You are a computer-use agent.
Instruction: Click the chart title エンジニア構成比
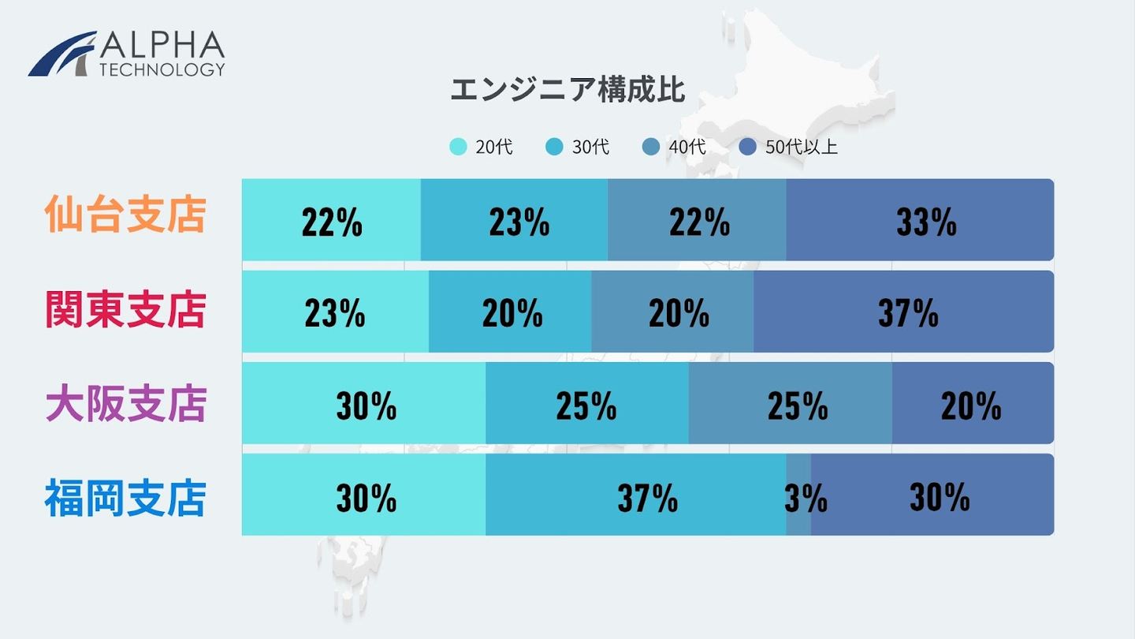[x=567, y=90]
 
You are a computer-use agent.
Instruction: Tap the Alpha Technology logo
[x=127, y=54]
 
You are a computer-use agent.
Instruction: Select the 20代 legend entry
[x=482, y=147]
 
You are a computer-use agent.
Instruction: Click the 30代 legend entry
[x=578, y=147]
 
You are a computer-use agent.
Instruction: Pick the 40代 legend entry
[x=674, y=147]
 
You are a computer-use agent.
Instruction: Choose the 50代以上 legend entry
[x=789, y=147]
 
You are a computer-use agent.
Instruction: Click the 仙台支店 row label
[x=126, y=215]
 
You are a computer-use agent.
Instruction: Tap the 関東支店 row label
[x=126, y=310]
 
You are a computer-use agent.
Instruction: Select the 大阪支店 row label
[x=126, y=403]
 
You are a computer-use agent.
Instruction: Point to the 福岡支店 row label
[x=126, y=499]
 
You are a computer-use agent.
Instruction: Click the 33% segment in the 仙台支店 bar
[x=919, y=219]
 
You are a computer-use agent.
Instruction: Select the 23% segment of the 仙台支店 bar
[x=514, y=219]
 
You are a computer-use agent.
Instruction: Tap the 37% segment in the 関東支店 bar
[x=903, y=312]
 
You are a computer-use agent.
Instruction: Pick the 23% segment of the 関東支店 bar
[x=335, y=312]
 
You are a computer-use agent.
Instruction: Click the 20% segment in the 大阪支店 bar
[x=972, y=403]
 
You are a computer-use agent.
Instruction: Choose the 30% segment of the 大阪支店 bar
[x=363, y=403]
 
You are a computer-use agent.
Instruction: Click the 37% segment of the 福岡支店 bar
[x=635, y=495]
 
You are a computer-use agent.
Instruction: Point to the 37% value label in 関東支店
[x=908, y=314]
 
